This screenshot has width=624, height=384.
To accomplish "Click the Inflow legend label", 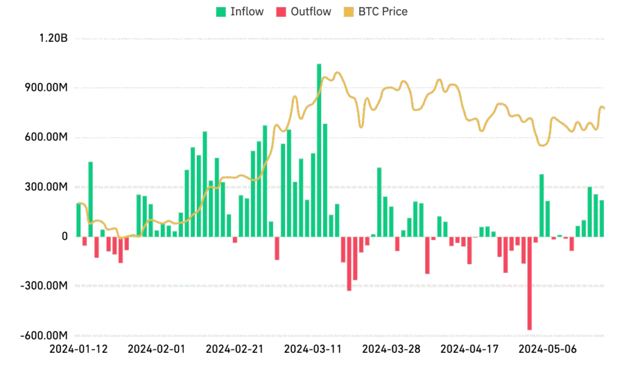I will click(x=247, y=12).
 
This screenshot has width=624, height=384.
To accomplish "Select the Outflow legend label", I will click(x=311, y=12).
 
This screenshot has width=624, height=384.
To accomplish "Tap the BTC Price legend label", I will click(x=383, y=12).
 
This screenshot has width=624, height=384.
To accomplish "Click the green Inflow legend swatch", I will click(x=221, y=12).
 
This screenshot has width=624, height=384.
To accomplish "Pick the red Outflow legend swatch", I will click(x=281, y=12).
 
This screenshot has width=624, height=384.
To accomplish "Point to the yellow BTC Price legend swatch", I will click(x=349, y=12).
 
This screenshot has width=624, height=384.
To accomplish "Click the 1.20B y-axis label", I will click(x=53, y=39).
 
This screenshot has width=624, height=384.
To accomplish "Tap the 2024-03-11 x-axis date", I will click(x=313, y=349).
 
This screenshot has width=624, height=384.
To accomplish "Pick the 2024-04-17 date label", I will click(x=469, y=349).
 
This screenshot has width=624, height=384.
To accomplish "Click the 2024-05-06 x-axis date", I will click(x=547, y=349).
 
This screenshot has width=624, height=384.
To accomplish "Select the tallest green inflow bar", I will click(x=319, y=150).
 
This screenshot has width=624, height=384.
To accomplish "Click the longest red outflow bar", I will click(x=530, y=283).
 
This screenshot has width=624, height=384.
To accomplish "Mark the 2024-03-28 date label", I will click(x=391, y=349).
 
